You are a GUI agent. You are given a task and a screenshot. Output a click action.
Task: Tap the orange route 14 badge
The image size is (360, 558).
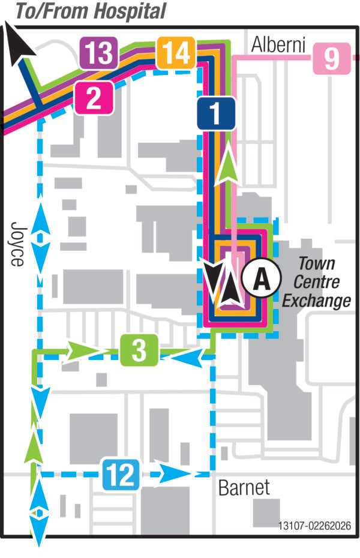pos(176,54)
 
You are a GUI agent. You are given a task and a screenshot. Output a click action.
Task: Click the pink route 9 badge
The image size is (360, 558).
pos(331,59)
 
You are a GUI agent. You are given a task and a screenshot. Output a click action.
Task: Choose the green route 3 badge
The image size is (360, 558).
pos(139,351)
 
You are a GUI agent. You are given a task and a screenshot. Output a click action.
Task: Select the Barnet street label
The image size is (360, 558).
pos(244,487)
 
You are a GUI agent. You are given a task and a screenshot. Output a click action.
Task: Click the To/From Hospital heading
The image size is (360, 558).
pos(90,11)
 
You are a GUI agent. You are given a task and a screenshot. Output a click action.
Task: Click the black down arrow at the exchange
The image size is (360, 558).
pos(213,277)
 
